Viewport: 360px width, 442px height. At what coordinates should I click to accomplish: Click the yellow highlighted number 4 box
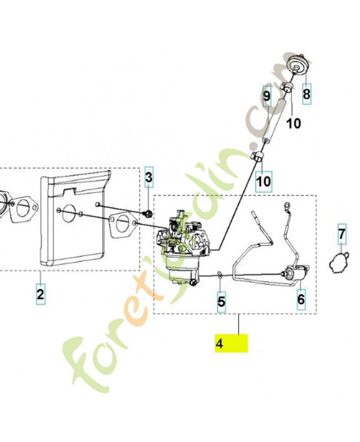[231, 343]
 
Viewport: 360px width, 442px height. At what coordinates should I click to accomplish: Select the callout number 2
[40, 294]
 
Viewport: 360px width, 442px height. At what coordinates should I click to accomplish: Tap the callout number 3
[149, 177]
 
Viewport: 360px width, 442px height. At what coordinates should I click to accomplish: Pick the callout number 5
[221, 301]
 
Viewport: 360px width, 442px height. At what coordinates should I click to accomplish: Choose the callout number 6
[301, 299]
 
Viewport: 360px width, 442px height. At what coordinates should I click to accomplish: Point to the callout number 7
[342, 234]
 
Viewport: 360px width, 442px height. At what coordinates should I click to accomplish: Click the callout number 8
[306, 94]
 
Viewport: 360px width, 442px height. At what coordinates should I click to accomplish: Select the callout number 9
[267, 96]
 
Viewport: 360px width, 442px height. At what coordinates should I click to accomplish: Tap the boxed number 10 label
[264, 182]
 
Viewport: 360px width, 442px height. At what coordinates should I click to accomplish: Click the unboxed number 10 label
[294, 123]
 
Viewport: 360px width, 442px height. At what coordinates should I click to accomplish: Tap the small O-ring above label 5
[220, 274]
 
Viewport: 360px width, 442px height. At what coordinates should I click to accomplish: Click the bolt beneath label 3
[149, 214]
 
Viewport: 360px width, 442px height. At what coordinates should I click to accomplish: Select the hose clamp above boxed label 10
[258, 156]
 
